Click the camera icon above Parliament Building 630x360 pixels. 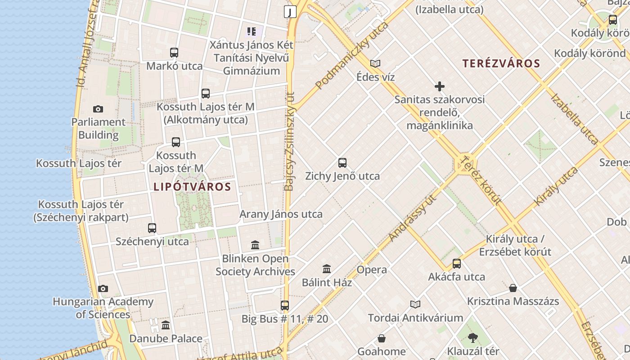[98, 109]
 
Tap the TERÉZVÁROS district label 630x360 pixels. [501, 63]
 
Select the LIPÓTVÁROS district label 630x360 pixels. [192, 187]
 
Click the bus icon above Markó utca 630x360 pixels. [174, 53]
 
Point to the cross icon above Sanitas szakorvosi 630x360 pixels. [440, 86]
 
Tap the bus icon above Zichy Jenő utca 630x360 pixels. [342, 163]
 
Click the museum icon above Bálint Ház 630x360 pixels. [327, 269]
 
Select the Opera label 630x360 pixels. [372, 270]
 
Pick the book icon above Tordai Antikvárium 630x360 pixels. [415, 305]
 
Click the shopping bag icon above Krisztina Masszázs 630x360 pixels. [513, 288]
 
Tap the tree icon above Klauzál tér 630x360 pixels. [473, 337]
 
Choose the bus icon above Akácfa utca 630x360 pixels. [457, 264]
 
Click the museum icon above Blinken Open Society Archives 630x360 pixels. [255, 245]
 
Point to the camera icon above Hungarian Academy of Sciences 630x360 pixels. [103, 288]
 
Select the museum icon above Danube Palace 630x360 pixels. [166, 325]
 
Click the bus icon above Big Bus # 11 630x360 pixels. [285, 306]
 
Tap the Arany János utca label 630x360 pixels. [281, 214]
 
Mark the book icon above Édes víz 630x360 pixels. [375, 64]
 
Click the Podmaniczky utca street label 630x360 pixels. [351, 55]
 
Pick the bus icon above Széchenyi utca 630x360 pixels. [152, 228]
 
